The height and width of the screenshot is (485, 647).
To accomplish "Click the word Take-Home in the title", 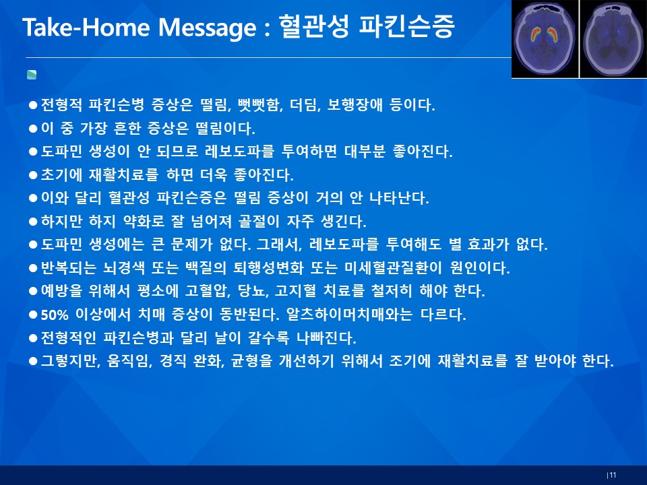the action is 86,27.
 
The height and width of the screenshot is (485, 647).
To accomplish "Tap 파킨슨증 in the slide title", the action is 406,26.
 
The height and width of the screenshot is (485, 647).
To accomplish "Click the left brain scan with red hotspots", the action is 545,39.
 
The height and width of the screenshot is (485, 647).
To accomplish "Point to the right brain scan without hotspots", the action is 613,39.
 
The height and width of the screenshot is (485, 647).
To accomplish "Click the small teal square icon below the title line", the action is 32,75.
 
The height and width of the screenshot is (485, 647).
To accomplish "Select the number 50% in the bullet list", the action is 55,315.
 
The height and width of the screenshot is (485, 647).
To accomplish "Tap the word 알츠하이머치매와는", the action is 349,315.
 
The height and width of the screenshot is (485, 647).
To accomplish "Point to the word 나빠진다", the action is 326,338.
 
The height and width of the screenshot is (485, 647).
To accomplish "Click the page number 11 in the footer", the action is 613,475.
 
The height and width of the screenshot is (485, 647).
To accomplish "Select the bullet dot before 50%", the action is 33,315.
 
